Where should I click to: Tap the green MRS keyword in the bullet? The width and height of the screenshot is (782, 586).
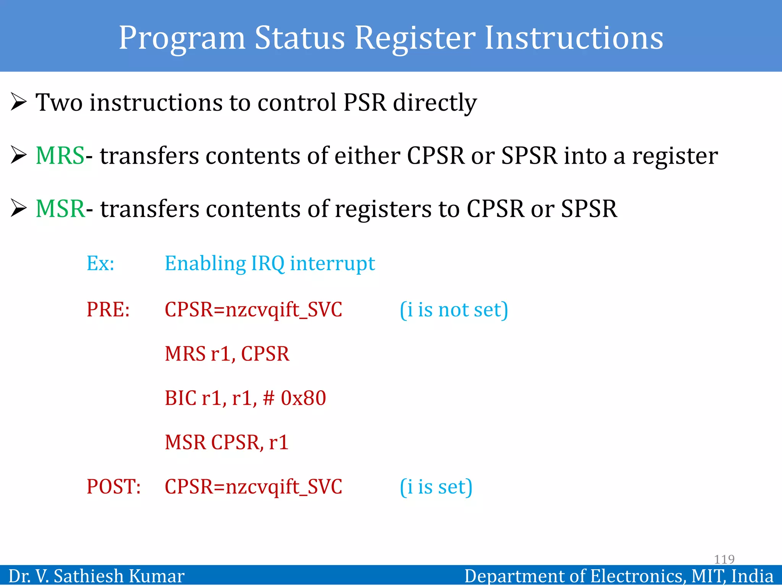click(60, 156)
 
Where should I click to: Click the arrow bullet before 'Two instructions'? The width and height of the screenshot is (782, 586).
click(19, 102)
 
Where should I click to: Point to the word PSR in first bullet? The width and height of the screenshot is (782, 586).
click(365, 102)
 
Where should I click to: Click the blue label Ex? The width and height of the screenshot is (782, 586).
click(100, 263)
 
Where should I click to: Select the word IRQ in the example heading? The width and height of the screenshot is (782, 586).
click(268, 263)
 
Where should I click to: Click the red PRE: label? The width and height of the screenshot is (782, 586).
click(108, 309)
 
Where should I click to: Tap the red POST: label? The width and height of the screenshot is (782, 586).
click(113, 487)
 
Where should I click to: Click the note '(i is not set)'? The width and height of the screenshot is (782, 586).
click(454, 309)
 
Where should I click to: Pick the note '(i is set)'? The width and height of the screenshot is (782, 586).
click(436, 487)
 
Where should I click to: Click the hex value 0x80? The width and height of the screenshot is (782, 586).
click(304, 398)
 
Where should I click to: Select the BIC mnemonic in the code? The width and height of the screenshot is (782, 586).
click(181, 398)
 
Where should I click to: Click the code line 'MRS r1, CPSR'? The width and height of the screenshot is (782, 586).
click(227, 354)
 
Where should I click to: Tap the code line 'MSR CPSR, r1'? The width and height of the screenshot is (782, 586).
click(226, 443)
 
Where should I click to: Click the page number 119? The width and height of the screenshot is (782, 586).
click(724, 559)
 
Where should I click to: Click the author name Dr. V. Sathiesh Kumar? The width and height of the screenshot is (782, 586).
click(97, 576)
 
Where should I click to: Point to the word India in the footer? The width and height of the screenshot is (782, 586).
click(753, 576)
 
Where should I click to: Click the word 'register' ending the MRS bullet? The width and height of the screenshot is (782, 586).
click(675, 156)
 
